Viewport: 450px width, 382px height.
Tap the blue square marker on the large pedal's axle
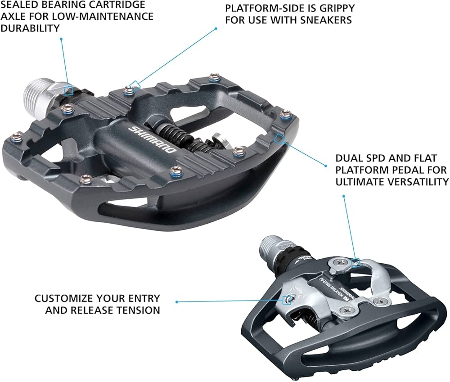(x=68, y=90)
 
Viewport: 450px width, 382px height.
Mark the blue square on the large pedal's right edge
(x=279, y=138)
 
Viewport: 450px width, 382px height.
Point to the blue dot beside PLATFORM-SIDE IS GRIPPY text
(x=216, y=28)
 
